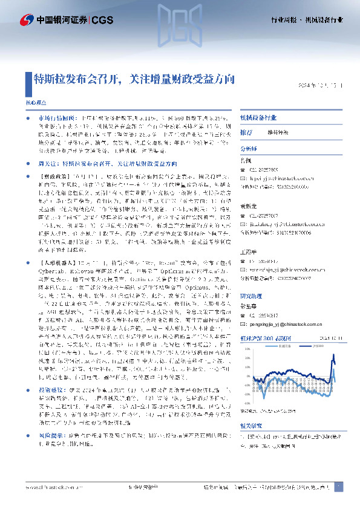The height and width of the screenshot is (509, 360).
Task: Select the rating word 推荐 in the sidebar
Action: point(246,132)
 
